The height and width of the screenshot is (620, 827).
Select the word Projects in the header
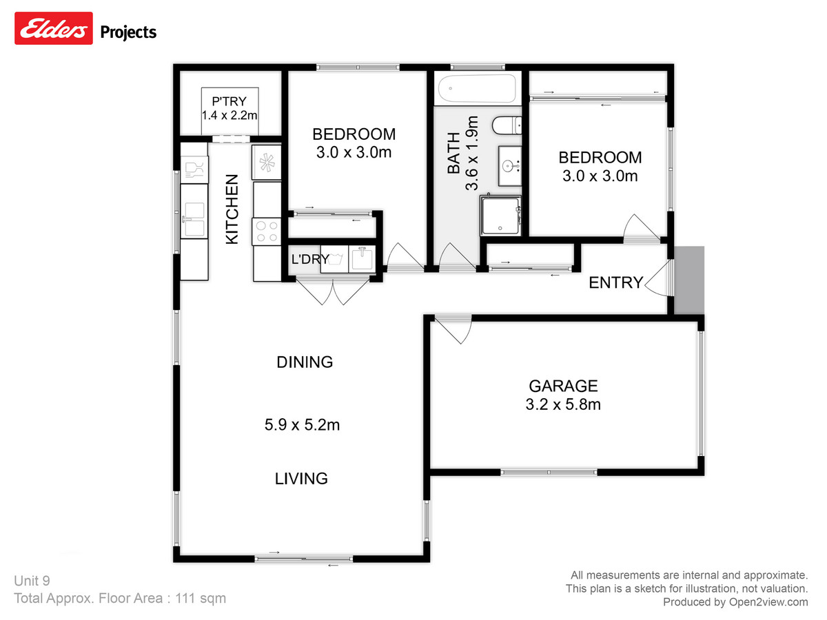tap(129, 32)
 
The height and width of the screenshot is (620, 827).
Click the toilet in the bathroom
tap(507, 125)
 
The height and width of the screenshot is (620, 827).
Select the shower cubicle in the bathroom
tap(500, 215)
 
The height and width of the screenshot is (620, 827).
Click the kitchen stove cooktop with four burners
tap(267, 230)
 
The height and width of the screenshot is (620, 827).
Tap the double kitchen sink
tap(194, 219)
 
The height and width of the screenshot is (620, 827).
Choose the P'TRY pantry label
tap(229, 102)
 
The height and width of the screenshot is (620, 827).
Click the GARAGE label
tap(563, 386)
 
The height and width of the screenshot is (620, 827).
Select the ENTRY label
tap(615, 282)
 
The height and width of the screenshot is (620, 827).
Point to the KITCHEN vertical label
tap(232, 209)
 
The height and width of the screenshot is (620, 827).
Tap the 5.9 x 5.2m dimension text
tap(302, 425)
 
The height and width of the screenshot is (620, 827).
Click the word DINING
tap(305, 362)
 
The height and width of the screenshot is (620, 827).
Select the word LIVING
tap(301, 478)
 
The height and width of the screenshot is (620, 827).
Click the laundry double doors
tap(333, 291)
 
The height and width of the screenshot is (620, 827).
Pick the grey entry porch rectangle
tap(688, 280)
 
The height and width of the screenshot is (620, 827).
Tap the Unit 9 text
tap(32, 581)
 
